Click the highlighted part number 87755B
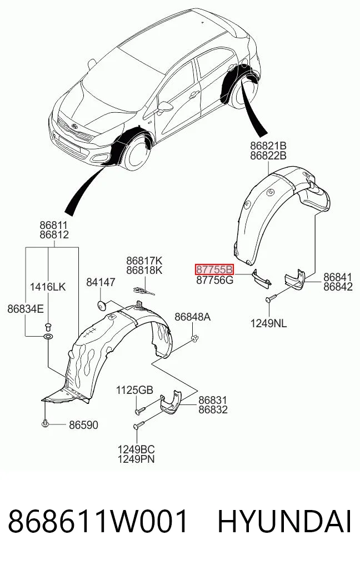point(214,269)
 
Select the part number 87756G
point(215,280)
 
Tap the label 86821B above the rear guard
point(268,146)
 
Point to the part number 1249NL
point(269,323)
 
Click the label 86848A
point(192,317)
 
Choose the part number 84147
point(101,282)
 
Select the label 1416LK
point(48,287)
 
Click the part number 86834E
point(26,309)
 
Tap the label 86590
point(83,425)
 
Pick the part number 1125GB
point(135,390)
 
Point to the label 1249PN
point(136,459)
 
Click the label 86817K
point(144,260)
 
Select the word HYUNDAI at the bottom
point(284,522)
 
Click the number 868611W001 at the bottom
point(98,522)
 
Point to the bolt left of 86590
point(45,424)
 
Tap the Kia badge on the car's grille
point(74,127)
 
